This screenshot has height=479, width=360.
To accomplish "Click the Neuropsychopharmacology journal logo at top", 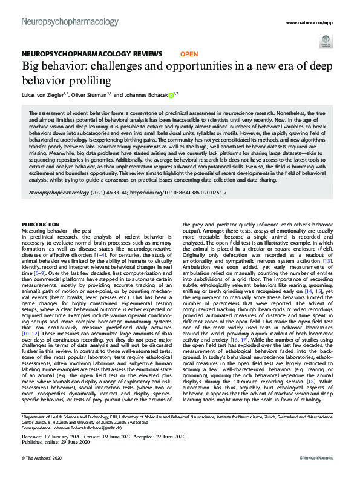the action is pos(70,22).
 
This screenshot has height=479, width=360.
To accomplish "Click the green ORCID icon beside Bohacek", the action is pos(171,94).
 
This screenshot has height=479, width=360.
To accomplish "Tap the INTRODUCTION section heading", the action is pos(41,225).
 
